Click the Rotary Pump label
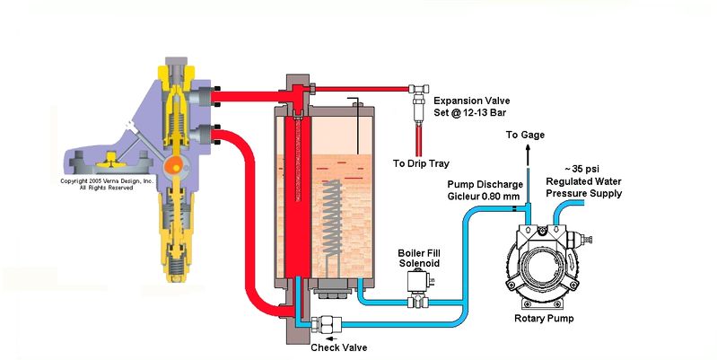[x=544, y=319]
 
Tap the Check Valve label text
[x=339, y=347]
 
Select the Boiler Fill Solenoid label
[x=419, y=258]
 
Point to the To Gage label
[x=525, y=135]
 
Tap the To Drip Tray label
[x=421, y=163]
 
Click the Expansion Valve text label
[x=471, y=101]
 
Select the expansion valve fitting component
[x=419, y=103]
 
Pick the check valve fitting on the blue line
[x=327, y=325]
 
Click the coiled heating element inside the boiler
[x=332, y=218]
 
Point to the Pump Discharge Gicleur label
[x=485, y=190]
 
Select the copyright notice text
[x=106, y=184]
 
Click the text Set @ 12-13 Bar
[x=469, y=112]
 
